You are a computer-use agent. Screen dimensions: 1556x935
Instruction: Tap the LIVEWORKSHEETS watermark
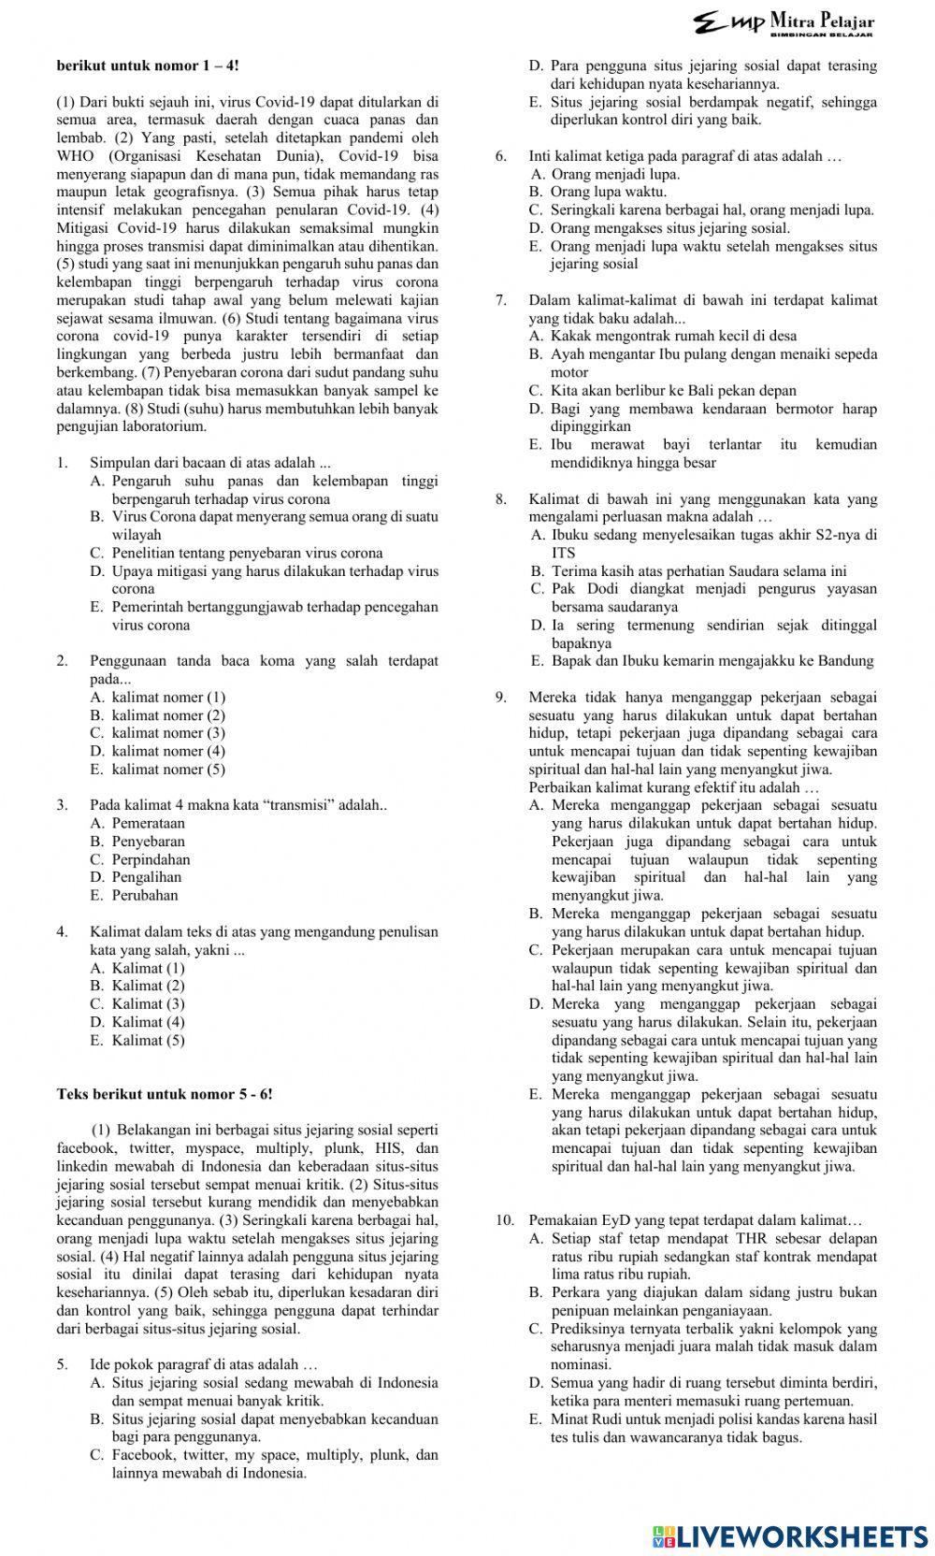click(x=790, y=1536)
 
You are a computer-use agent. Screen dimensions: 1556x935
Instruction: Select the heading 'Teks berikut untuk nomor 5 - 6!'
click(x=165, y=1094)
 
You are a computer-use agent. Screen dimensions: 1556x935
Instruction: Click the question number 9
click(x=502, y=697)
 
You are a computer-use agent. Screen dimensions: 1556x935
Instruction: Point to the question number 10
click(x=505, y=1220)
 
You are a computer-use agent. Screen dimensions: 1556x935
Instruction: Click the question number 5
click(x=62, y=1364)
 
